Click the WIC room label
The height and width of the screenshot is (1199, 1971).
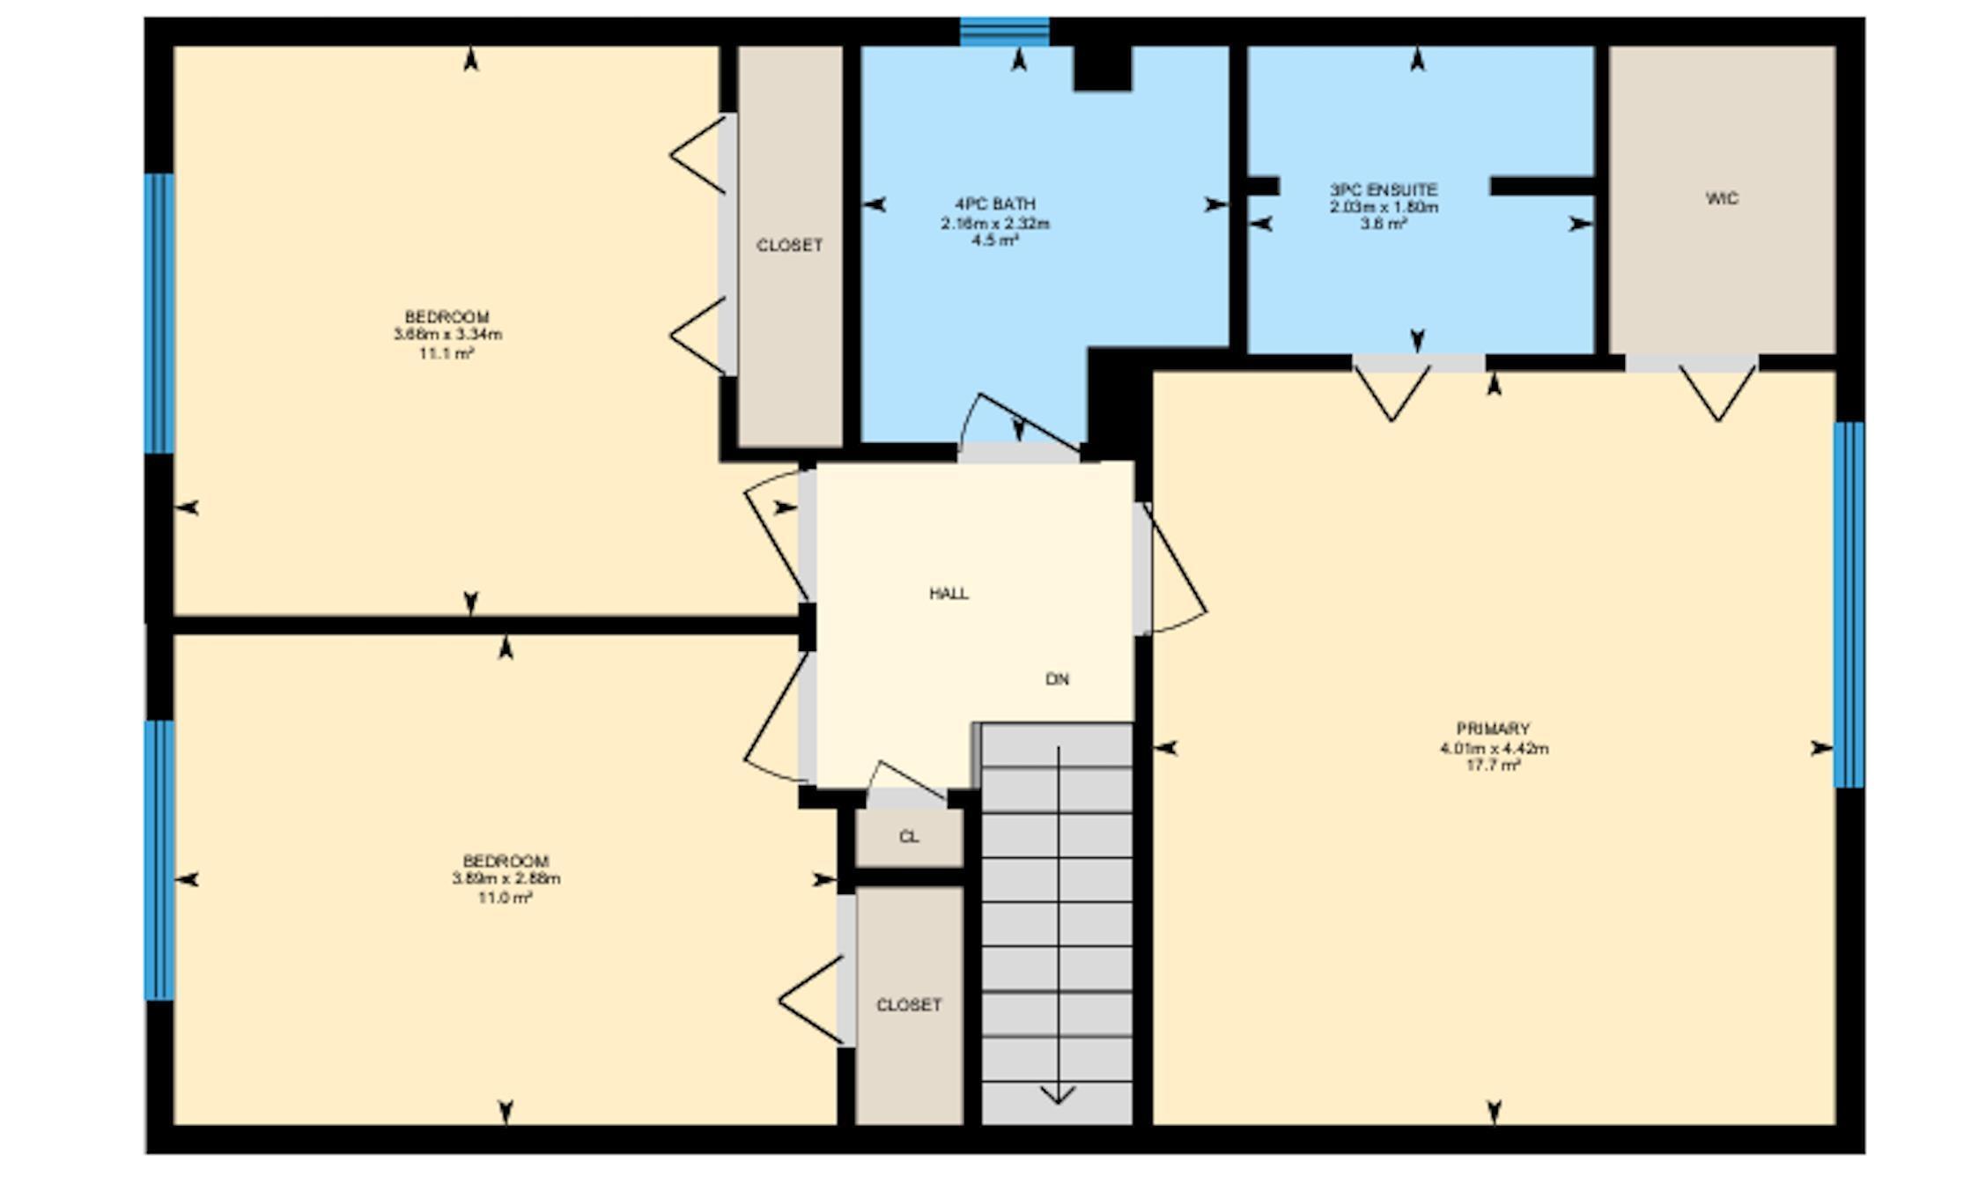tap(1722, 199)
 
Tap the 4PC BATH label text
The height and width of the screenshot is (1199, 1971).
tap(994, 204)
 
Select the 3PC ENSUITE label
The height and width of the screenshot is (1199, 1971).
tap(1384, 189)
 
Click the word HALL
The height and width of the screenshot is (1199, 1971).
tap(949, 594)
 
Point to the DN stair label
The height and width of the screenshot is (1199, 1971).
tap(1057, 679)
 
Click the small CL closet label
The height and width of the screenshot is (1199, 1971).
tap(909, 837)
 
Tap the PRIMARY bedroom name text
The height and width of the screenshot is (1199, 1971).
tap(1493, 729)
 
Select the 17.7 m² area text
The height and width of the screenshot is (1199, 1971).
tap(1493, 766)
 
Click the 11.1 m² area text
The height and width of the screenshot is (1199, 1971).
tap(447, 353)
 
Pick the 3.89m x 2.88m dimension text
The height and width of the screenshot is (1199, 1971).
tap(506, 879)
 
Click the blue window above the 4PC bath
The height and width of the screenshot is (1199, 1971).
tap(1004, 32)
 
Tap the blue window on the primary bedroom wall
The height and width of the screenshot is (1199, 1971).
tap(1849, 604)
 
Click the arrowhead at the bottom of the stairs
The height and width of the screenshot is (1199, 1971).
tap(1058, 1096)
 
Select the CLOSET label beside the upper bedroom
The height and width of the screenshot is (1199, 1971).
tap(789, 246)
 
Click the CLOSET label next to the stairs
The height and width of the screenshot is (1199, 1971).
tap(909, 1005)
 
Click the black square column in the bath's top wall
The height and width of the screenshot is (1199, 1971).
tap(1102, 69)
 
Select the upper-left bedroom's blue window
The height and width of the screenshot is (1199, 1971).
tap(159, 313)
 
